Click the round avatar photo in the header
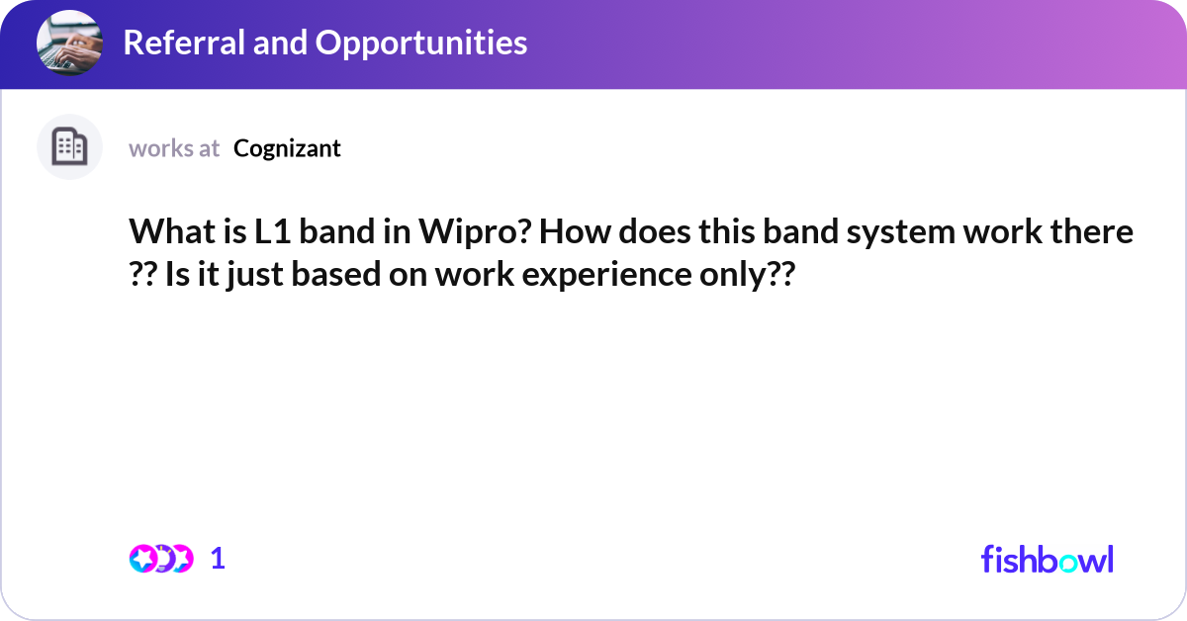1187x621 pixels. (69, 44)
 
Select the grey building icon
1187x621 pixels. (69, 147)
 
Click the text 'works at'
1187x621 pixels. (174, 148)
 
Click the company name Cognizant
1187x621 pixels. (287, 148)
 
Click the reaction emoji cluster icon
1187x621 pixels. (160, 559)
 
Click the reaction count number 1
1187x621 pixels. (218, 559)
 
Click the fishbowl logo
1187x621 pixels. (1047, 559)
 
